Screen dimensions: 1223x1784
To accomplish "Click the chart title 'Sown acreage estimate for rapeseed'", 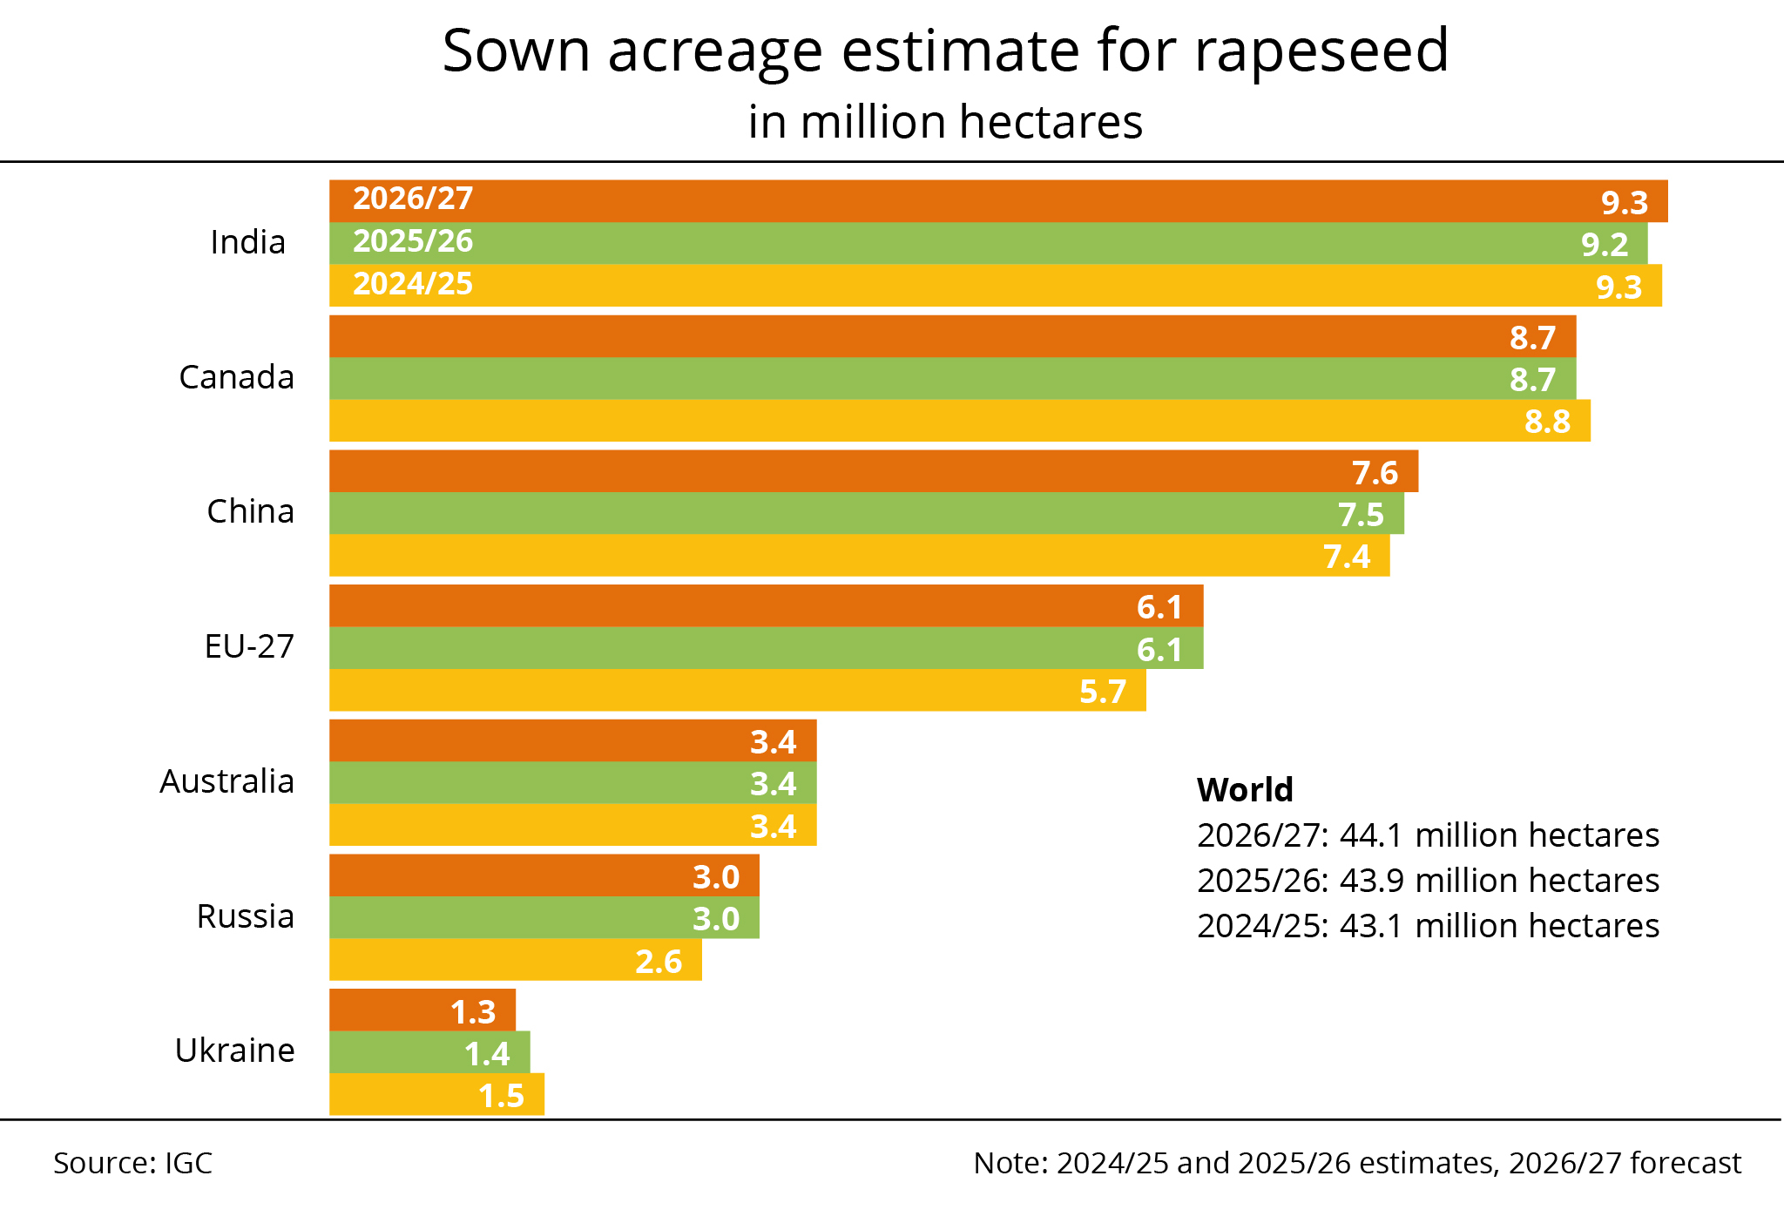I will click(x=945, y=51).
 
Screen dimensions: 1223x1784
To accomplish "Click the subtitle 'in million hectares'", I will click(x=945, y=122).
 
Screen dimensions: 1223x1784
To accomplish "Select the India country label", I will click(x=247, y=242).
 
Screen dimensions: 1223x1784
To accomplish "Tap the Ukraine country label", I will click(x=234, y=1051).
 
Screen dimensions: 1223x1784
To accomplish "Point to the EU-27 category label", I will click(x=249, y=646).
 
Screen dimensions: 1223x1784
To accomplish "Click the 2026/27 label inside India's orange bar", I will click(x=413, y=199).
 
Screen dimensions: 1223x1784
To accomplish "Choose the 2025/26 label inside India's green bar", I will click(x=413, y=241).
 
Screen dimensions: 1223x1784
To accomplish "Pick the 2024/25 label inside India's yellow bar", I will click(x=413, y=284).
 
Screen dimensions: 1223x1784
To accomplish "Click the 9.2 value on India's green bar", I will click(x=1605, y=245).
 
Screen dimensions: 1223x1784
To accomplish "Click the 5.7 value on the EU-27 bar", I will click(x=1103, y=692).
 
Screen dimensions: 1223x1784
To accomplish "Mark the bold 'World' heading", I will click(x=1245, y=790).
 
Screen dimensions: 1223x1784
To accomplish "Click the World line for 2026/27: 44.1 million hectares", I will click(x=1428, y=835).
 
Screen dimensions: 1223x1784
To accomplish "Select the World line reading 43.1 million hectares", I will click(x=1428, y=926).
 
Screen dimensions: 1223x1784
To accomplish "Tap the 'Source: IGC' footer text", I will click(x=133, y=1164).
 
